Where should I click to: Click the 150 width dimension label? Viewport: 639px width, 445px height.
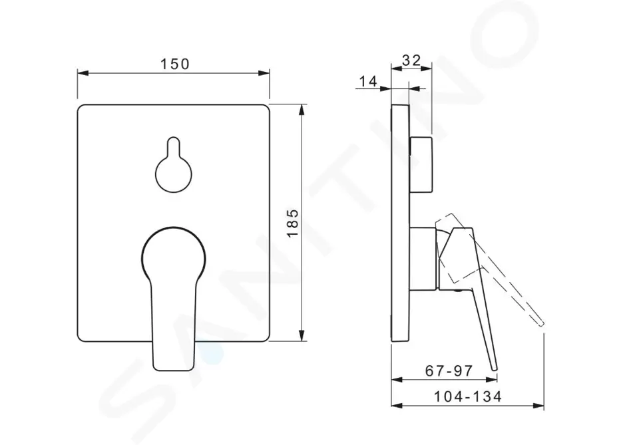pyautogui.click(x=174, y=64)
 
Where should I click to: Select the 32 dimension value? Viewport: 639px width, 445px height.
pyautogui.click(x=411, y=60)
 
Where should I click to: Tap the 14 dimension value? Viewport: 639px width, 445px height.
pyautogui.click(x=368, y=81)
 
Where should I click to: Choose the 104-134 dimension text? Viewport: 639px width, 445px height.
pyautogui.click(x=467, y=396)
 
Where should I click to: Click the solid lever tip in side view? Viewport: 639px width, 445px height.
pyautogui.click(x=495, y=368)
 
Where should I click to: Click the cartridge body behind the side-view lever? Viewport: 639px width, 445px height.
pyautogui.click(x=423, y=259)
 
